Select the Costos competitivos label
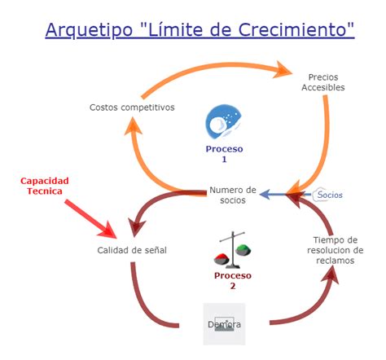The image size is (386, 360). coord(131,108)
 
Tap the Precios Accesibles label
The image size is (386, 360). coord(326,81)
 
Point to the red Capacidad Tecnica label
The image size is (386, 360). coord(45,185)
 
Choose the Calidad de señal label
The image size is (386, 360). coord(132,250)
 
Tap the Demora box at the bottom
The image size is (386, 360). coord(224,323)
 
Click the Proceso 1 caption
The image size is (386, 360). coord(225,154)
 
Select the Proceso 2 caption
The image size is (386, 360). coord(231,281)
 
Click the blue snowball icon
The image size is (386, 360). coord(222,123)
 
